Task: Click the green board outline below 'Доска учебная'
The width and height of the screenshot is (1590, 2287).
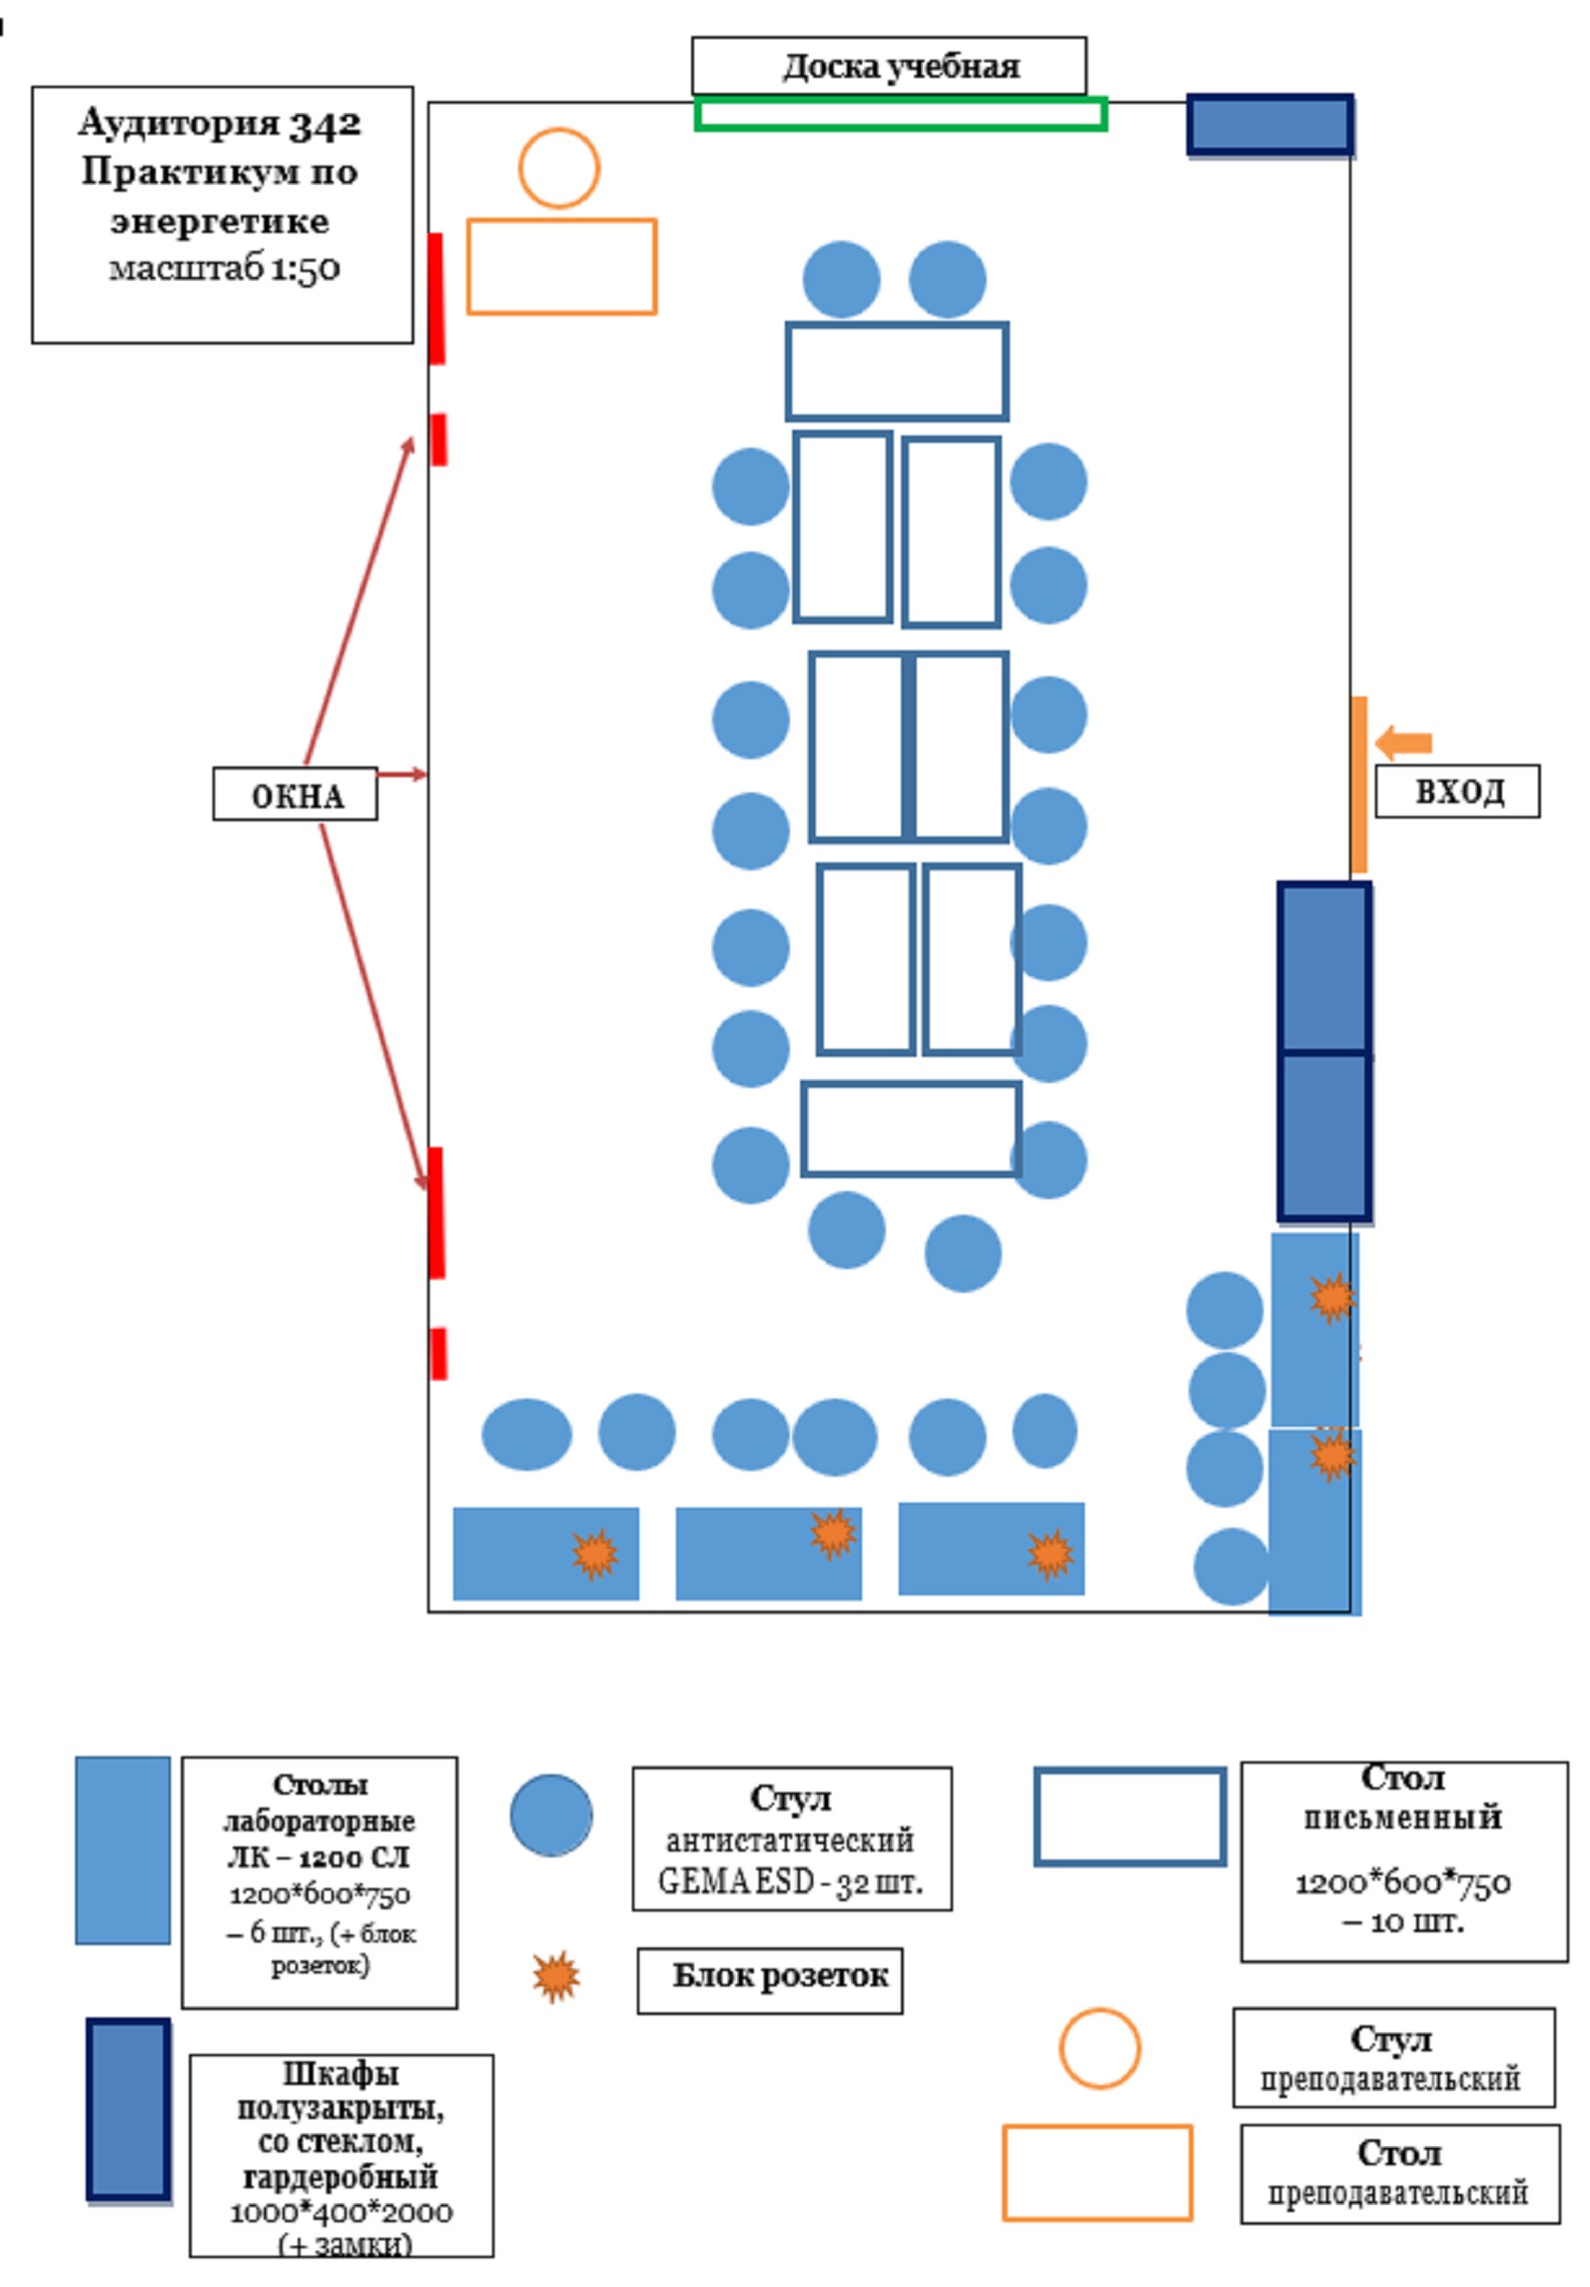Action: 900,114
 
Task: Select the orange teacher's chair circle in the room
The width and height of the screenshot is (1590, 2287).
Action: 559,168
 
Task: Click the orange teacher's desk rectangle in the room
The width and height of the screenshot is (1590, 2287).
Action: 561,267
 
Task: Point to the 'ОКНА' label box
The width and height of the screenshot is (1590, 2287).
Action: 295,795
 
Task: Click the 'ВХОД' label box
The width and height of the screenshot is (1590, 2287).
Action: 1457,791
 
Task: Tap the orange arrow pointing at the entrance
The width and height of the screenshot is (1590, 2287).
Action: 1403,742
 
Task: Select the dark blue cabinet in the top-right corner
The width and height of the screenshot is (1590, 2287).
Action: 1269,125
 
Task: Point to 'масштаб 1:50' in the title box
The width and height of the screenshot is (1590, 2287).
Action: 224,268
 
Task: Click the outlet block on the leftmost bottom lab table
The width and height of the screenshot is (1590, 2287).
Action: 594,1554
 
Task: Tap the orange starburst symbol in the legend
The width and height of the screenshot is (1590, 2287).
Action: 555,1975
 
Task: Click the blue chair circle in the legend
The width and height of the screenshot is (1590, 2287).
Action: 551,1815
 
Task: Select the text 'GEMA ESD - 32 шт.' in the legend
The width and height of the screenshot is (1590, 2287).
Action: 790,1882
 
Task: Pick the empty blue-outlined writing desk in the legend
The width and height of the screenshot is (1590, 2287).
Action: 1130,1815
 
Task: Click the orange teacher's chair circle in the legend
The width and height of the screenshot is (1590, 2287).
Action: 1099,2048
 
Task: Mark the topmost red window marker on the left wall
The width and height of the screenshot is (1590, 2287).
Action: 435,298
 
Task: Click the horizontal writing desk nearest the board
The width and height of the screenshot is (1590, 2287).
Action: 896,371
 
